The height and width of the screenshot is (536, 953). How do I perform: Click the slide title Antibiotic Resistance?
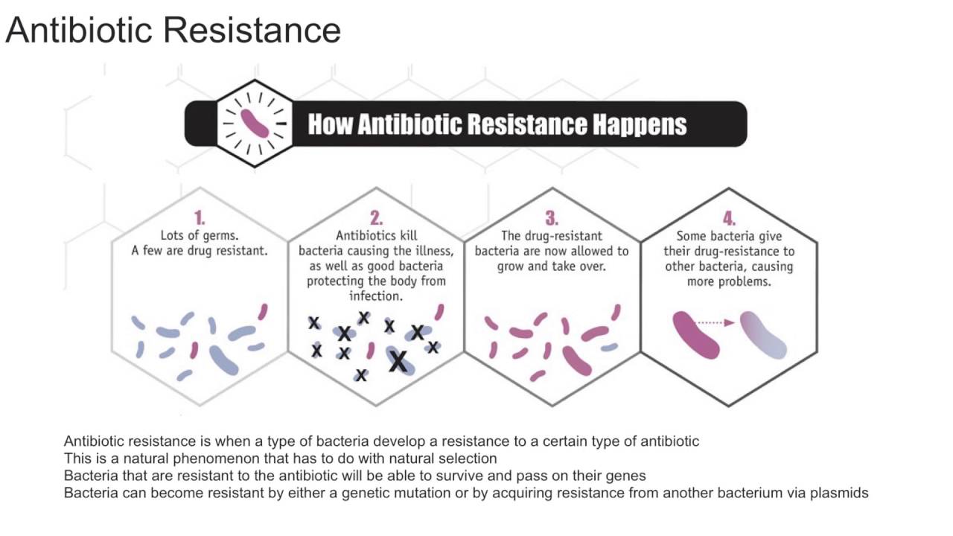[173, 31]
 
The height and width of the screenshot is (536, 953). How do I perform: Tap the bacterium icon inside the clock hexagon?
[255, 123]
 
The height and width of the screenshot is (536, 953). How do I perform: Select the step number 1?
[200, 218]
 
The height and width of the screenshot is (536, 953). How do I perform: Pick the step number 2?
[376, 218]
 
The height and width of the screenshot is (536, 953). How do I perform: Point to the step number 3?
[552, 218]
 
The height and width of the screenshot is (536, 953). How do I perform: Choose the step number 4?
[729, 218]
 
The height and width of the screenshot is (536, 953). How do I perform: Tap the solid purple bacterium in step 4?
[696, 334]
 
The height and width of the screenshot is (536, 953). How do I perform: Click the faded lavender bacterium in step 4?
[763, 335]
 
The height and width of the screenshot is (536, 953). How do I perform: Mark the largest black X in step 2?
[398, 362]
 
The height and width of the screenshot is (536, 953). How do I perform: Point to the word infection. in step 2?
[376, 296]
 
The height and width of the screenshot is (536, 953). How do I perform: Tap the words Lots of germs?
[200, 236]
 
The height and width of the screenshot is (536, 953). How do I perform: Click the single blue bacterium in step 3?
[609, 347]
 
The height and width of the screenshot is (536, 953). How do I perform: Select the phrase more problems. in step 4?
[729, 281]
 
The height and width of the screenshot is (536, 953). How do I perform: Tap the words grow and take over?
[552, 266]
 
